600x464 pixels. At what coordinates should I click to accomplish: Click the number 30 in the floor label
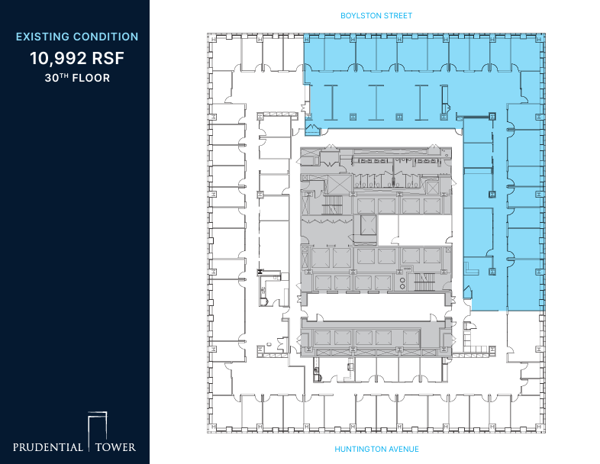[x=50, y=78]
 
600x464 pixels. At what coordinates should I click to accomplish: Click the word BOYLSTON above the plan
[x=360, y=15]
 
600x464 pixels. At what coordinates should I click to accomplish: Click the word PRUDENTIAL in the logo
[x=47, y=446]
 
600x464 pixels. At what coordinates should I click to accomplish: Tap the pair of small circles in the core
[x=402, y=282]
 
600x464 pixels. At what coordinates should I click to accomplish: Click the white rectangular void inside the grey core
[x=419, y=230]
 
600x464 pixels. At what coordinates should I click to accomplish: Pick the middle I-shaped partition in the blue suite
[x=376, y=98]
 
